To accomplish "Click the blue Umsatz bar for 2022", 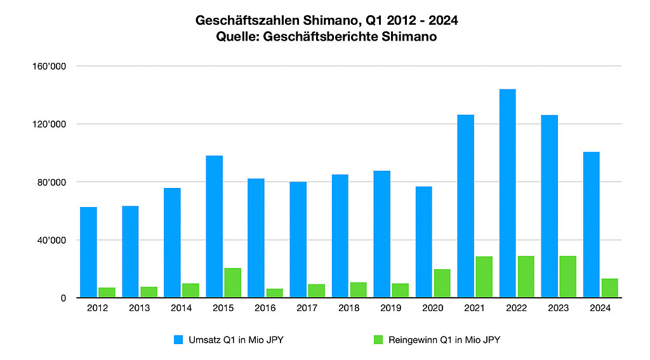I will point(507,193).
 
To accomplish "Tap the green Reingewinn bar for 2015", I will point(232,283).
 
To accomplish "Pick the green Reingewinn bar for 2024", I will point(609,288).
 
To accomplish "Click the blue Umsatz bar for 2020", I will point(423,242).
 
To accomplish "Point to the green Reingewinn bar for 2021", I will point(484,277).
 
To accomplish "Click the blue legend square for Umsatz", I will point(178,340).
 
